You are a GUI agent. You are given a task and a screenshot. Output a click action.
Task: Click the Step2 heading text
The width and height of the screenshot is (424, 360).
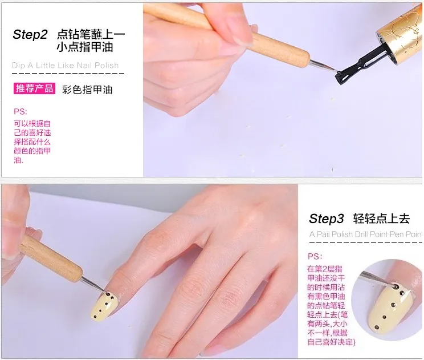click(x=30, y=35)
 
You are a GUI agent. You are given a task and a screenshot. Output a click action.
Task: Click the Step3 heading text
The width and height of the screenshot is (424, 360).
click(x=327, y=219)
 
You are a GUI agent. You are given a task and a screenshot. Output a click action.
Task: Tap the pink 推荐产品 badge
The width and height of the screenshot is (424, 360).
click(x=34, y=88)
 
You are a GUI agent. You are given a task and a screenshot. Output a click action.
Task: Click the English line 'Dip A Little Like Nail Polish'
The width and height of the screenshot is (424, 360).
click(x=66, y=65)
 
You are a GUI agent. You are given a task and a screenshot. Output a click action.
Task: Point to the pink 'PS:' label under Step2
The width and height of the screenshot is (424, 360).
click(x=21, y=112)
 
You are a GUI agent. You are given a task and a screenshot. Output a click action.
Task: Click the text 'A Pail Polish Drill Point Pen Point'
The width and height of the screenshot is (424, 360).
click(x=365, y=234)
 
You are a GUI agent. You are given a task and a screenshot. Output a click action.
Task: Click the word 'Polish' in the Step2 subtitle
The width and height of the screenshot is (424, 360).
click(x=105, y=65)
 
